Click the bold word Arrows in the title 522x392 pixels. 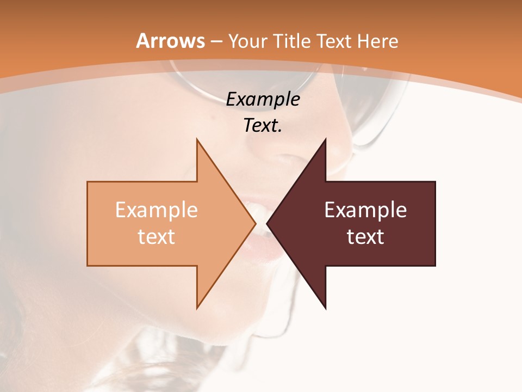click(171, 41)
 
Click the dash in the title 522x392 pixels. click(217, 41)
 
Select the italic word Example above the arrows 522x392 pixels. click(263, 100)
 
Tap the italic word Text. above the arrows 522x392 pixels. click(263, 126)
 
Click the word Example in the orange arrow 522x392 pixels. click(157, 210)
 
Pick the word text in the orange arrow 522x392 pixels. click(157, 236)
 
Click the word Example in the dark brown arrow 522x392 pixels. click(365, 210)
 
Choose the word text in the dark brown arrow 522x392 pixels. click(365, 236)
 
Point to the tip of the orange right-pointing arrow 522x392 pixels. click(254, 223)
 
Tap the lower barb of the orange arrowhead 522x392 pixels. click(198, 306)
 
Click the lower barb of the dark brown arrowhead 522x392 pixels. click(325, 306)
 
